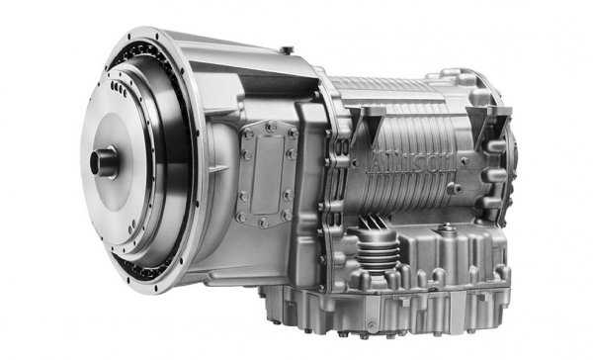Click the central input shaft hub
(x=104, y=161)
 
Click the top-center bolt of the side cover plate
(x=268, y=127)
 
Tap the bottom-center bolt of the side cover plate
(x=264, y=220)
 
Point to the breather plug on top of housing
(x=284, y=49)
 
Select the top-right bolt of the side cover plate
(x=291, y=131)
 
